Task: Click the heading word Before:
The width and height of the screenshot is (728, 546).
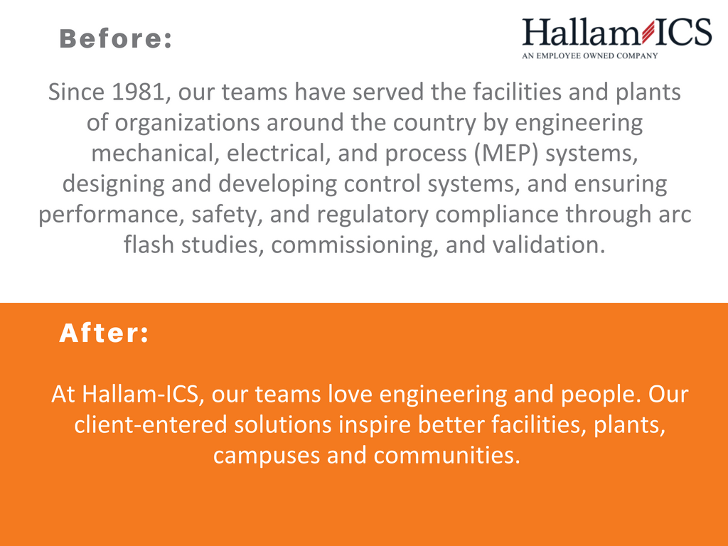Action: coord(116,39)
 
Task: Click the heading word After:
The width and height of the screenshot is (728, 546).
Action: coord(104,333)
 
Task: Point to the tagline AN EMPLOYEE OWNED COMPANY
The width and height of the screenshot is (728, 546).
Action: coord(590,55)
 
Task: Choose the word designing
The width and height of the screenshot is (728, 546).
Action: coord(114,184)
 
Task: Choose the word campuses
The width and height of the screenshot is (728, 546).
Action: coord(267,456)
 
